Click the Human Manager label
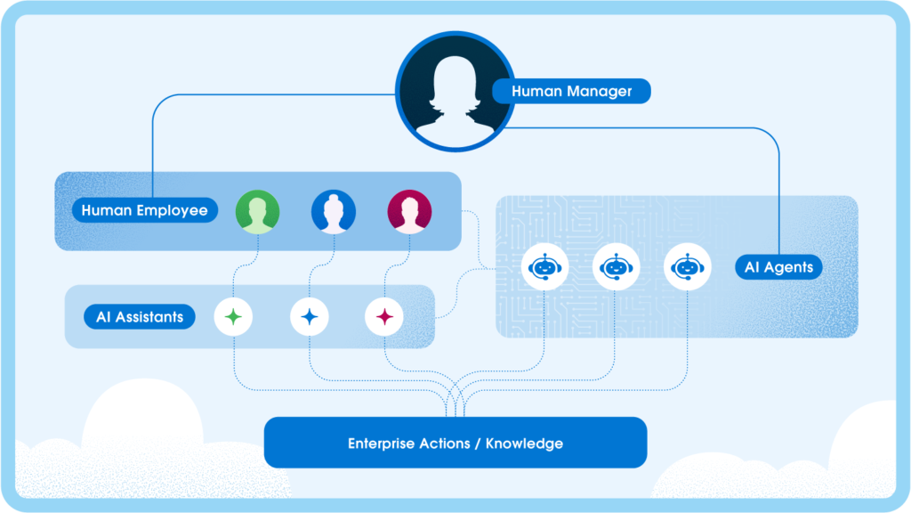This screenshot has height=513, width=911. pos(571,91)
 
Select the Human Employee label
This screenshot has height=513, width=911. pos(144,211)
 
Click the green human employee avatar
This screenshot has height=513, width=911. pos(257,212)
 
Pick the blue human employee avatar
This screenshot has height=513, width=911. pos(333,212)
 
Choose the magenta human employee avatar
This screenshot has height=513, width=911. pos(409,212)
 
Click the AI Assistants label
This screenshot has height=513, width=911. pos(140,317)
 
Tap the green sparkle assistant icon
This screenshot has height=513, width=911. pos(233,316)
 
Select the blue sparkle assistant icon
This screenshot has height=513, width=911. pos(310,316)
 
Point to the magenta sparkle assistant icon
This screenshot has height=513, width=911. pos(385,316)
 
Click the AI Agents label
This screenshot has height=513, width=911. pos(778,267)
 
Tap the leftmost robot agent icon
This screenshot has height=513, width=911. pos(544,266)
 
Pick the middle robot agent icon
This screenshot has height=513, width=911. pos(616,266)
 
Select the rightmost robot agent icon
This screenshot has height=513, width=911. pos(688,266)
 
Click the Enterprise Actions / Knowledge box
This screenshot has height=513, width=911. pos(455,443)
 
